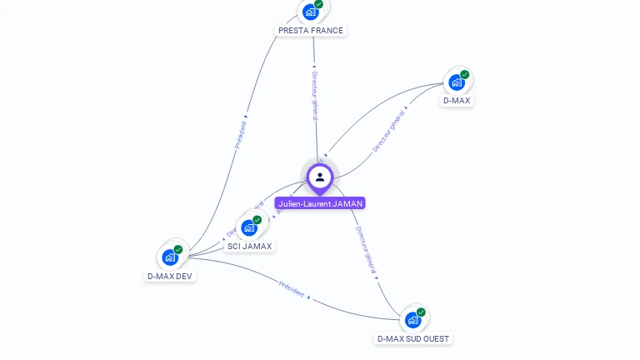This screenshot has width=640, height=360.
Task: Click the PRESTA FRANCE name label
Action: coord(310,30)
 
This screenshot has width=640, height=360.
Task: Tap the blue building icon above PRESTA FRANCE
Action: coord(311,12)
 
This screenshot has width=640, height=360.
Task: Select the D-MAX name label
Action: coord(456,101)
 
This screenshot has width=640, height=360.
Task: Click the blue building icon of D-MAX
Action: coord(457,82)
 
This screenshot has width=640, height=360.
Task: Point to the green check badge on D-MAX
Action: coord(465,75)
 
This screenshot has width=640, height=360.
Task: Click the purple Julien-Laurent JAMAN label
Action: coord(320,203)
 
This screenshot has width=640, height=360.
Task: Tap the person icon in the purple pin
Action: coord(320,177)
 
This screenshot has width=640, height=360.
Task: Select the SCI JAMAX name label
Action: coord(249,247)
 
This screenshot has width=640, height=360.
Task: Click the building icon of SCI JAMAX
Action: coord(248,227)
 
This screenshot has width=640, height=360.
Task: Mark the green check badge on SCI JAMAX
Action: coord(257,220)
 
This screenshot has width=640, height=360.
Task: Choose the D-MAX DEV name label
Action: coord(170,276)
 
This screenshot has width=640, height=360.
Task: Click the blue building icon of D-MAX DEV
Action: coord(170,257)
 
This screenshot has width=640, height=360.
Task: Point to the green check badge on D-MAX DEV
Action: coord(178,250)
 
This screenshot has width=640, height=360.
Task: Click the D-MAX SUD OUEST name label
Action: coord(412,339)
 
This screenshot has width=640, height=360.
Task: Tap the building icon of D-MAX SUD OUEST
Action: coord(412,320)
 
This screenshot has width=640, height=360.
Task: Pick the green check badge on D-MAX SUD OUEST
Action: coord(421,312)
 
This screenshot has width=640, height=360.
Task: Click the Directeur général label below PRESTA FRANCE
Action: coord(315,95)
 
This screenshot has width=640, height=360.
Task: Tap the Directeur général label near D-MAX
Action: coord(388,131)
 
